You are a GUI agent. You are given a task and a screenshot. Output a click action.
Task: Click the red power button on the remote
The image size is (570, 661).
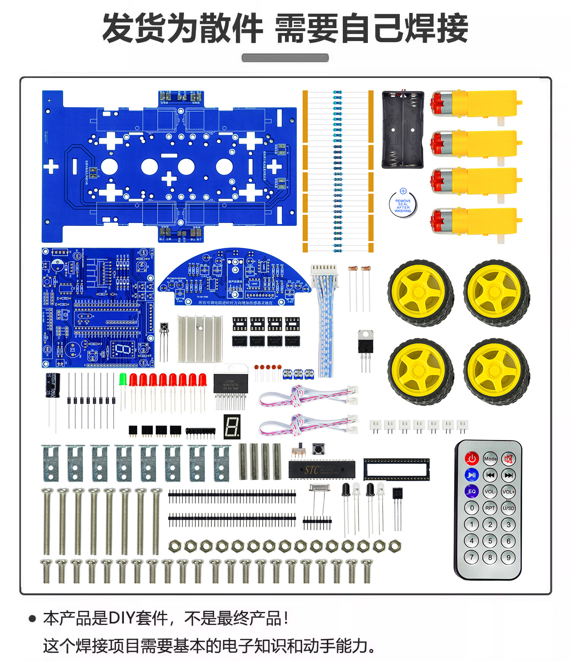tap(472, 458)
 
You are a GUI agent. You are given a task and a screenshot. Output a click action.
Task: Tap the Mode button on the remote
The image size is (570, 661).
tap(490, 459)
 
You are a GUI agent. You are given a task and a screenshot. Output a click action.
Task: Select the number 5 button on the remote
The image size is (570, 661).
tap(490, 541)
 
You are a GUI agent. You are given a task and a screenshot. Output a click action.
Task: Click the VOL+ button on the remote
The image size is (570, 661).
tap(508, 491)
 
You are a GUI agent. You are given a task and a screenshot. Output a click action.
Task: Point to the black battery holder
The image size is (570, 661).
tap(402, 129)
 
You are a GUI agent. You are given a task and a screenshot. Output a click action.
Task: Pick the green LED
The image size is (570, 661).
tap(123, 380)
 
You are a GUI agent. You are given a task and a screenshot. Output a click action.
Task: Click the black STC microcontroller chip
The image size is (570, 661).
tap(322, 469)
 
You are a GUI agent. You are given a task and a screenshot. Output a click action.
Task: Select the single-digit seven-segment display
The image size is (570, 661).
tap(232, 426)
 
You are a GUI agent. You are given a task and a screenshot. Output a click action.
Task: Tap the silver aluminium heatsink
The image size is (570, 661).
tap(199, 338)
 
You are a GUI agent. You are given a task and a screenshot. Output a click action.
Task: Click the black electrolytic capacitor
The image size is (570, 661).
tap(53, 385)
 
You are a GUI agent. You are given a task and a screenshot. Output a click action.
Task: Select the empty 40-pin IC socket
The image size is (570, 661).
tap(396, 469)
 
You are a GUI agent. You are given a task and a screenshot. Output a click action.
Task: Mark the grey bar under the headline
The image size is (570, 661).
tap(285, 58)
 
